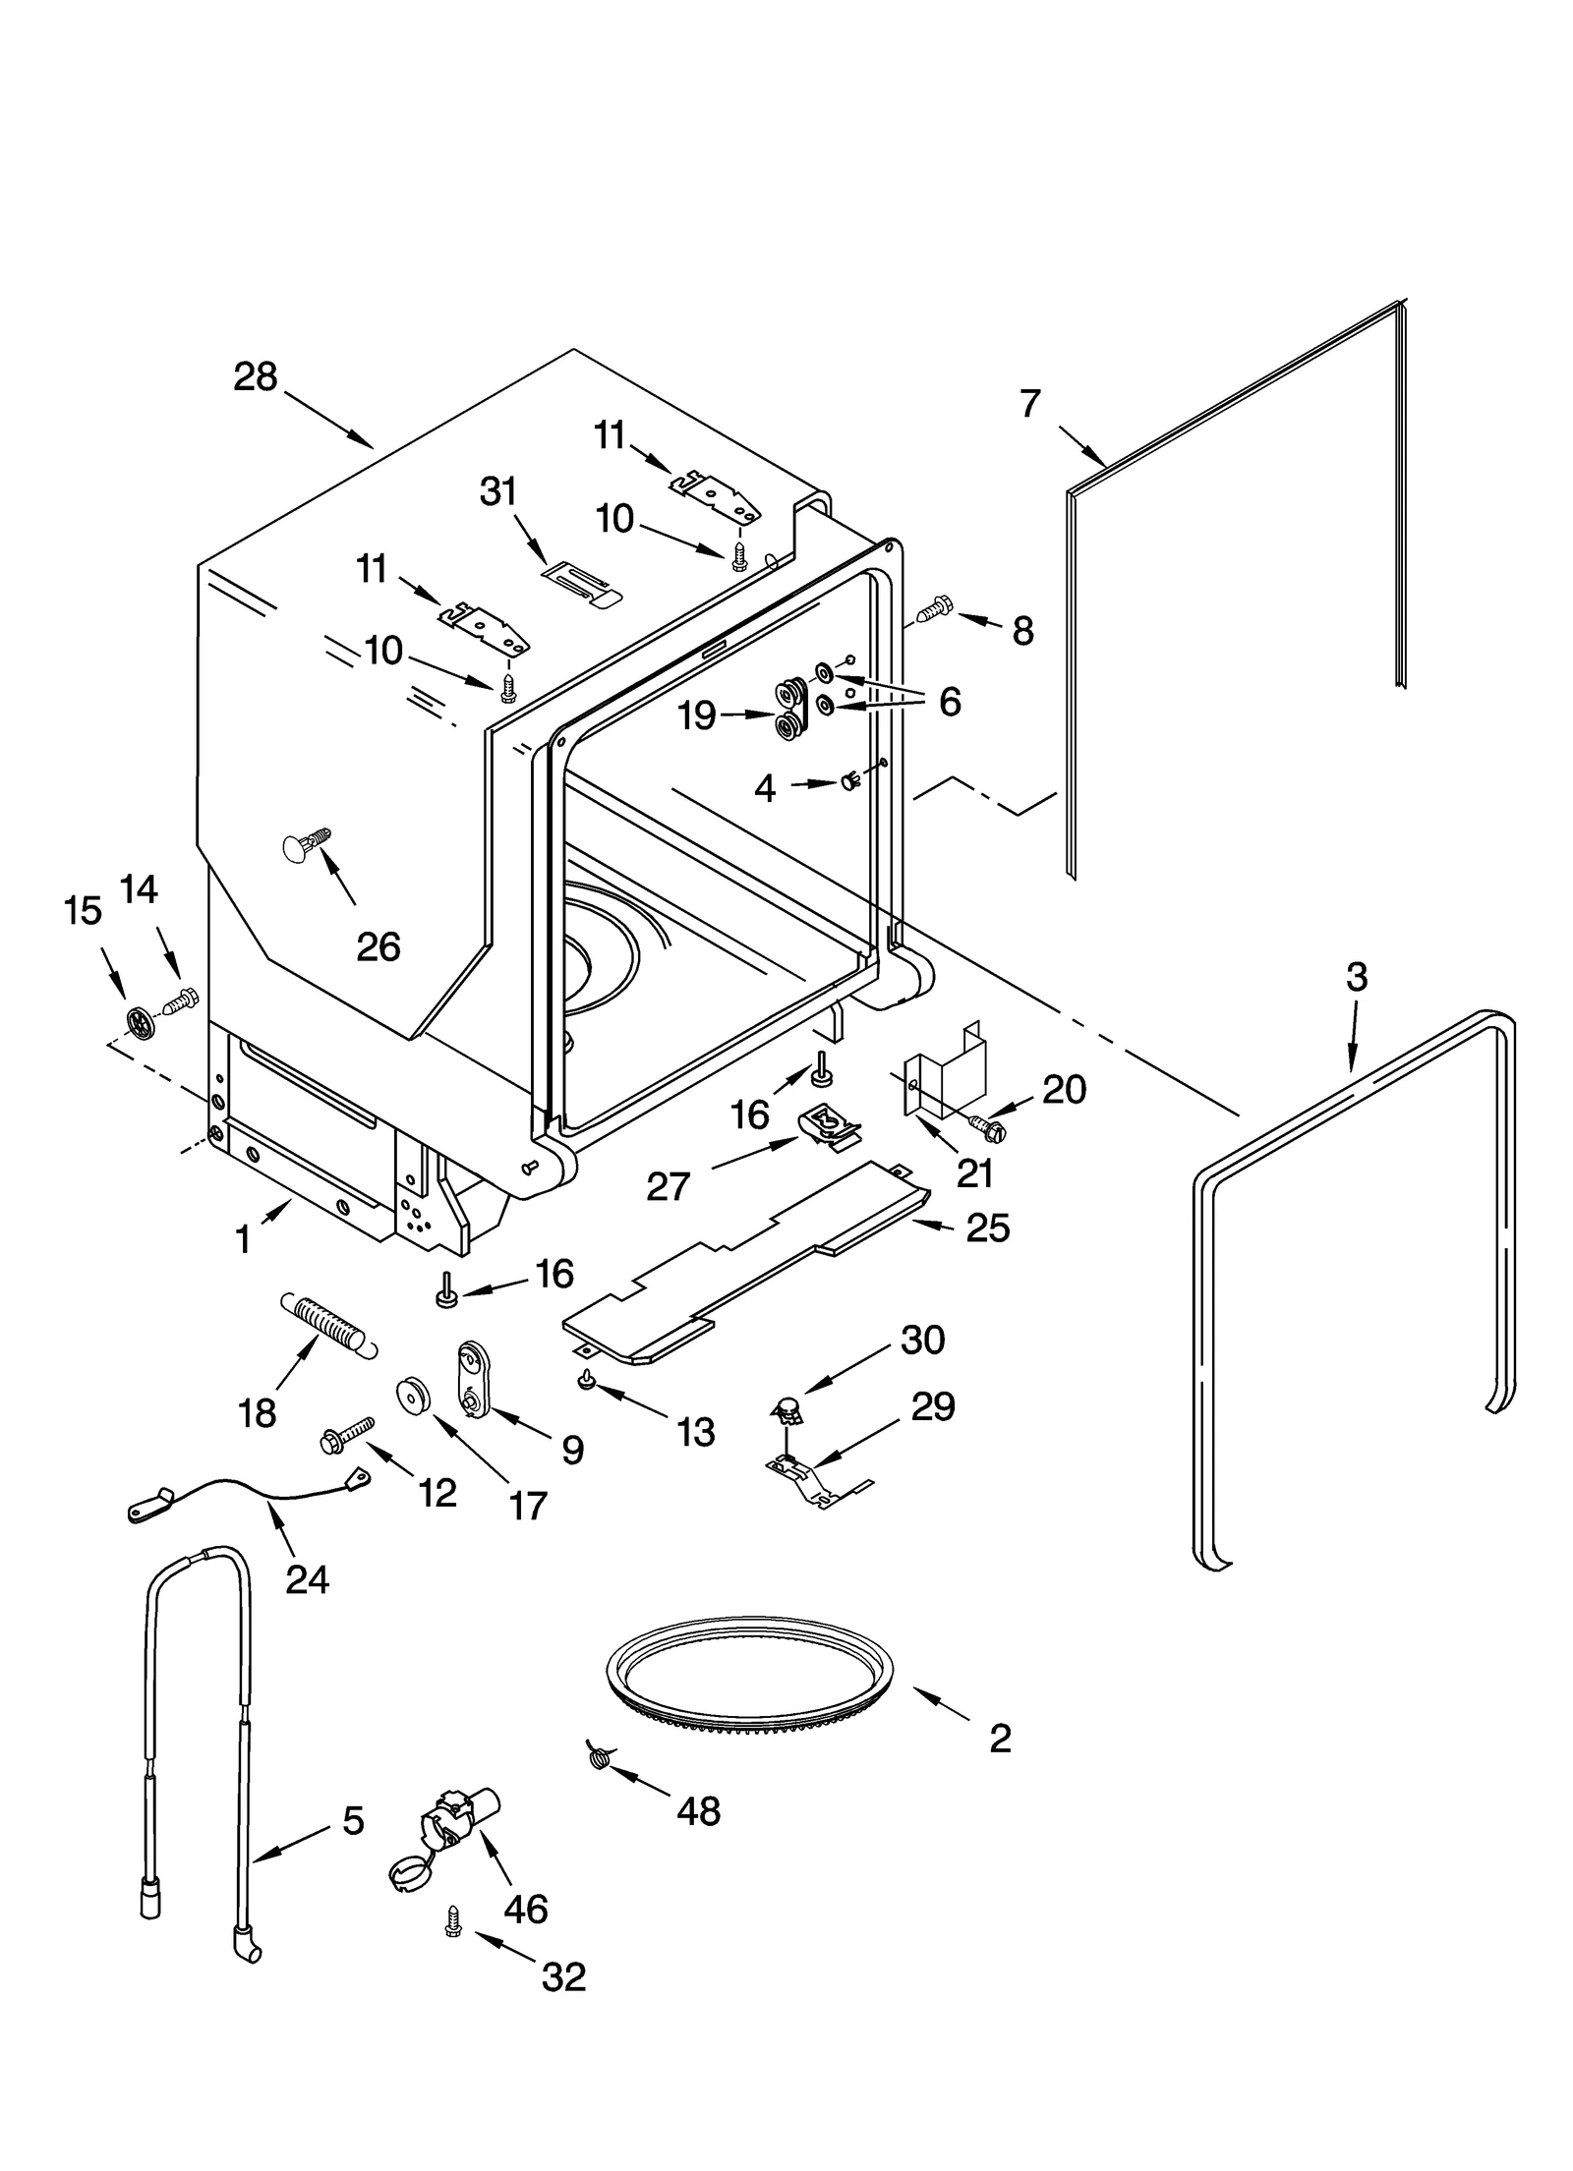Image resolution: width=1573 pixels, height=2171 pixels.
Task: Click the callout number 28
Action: (256, 377)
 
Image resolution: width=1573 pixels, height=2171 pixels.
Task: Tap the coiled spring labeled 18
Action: (327, 1325)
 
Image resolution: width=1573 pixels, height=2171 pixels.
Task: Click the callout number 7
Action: (1029, 404)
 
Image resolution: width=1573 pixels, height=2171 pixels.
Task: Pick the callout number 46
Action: (525, 1909)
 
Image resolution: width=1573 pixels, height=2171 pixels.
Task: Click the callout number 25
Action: (987, 1228)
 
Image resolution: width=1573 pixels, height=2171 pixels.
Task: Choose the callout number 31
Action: (498, 490)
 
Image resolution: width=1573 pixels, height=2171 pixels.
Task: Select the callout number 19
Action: (697, 715)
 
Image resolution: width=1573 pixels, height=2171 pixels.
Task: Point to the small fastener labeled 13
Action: (587, 1381)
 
